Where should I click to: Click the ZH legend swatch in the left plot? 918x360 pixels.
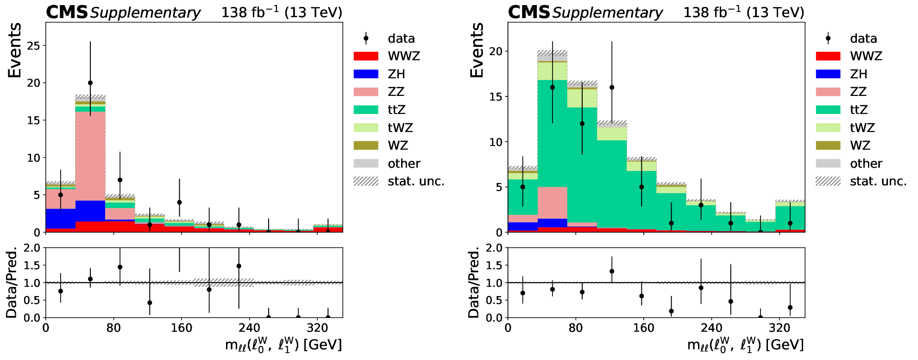366,74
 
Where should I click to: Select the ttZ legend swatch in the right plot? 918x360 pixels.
828,110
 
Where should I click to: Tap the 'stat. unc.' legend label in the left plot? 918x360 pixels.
416,181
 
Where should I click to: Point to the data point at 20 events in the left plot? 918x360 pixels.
90,83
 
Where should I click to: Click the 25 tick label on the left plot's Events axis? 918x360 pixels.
34,46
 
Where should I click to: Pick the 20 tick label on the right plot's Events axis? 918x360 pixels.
496,51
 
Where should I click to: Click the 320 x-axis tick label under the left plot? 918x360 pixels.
317,328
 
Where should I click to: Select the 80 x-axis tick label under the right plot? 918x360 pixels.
576,328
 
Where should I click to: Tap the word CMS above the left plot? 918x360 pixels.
67,13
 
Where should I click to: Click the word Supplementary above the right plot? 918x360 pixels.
607,13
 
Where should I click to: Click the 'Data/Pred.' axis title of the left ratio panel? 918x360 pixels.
12,282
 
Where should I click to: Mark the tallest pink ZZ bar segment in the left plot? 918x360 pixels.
90,156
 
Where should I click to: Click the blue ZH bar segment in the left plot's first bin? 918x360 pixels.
61,219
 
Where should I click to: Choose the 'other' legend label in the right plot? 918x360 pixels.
866,164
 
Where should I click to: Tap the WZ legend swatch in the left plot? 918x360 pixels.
366,145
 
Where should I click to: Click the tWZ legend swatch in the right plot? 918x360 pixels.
828,128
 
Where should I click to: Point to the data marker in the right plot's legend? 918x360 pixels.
828,38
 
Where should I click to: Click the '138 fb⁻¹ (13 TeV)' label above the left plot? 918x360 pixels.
282,13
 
